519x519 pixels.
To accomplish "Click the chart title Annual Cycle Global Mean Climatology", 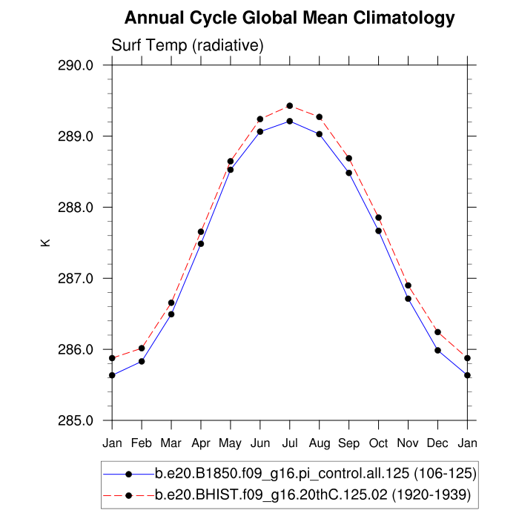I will point(289,18).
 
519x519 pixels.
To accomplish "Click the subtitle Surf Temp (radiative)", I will point(188,46).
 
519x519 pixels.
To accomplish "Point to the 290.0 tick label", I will point(76,65).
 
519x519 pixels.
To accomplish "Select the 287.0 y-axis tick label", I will point(76,279).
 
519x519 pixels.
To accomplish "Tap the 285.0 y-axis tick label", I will point(76,421).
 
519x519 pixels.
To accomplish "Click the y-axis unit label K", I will point(45,242).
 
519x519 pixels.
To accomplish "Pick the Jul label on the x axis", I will point(290,443).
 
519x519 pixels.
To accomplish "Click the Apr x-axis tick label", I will point(201,443).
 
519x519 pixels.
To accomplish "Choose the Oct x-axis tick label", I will point(379,443).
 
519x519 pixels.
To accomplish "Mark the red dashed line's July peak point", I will point(290,106).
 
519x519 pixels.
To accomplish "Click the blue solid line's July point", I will point(290,121).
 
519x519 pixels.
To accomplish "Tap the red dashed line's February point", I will point(142,348).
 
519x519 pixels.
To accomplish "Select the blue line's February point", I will point(142,361).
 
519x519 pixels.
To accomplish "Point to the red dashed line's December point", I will point(438,332).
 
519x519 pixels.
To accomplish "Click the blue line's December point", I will point(438,351).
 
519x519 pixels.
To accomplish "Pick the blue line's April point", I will point(201,244).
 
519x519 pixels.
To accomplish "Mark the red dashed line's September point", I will point(349,158).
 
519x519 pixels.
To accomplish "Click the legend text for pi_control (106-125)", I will point(315,473).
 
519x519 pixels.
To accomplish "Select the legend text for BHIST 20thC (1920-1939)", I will point(315,493).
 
